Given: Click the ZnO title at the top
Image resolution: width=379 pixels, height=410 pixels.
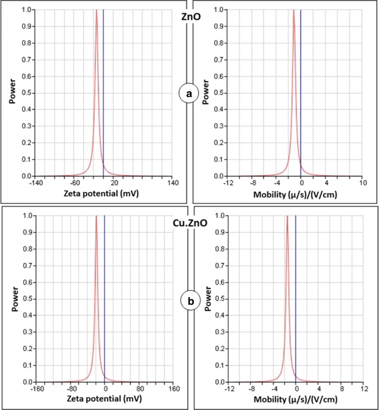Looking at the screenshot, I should coord(189,16).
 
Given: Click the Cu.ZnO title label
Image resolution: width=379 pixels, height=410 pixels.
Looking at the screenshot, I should coord(189,220).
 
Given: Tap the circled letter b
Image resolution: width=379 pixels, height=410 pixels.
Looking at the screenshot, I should coord(189,301).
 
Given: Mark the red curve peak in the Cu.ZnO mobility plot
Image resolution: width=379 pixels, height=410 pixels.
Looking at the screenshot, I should coord(287,218).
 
